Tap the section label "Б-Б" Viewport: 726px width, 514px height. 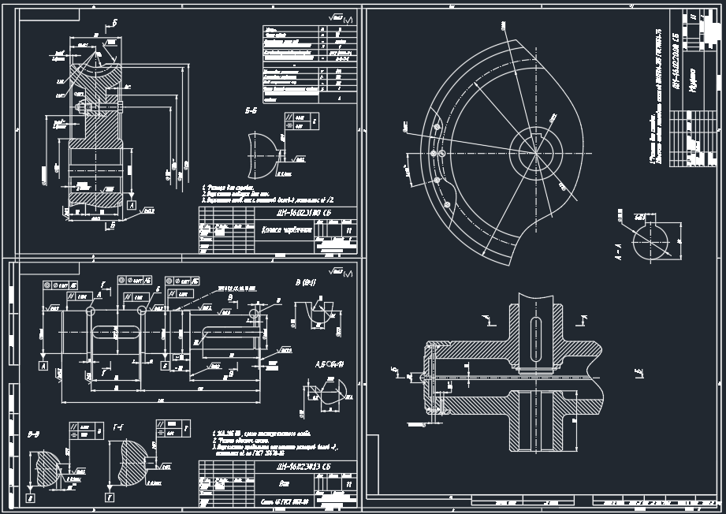pyautogui.click(x=251, y=113)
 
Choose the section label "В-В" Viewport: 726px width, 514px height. pyautogui.click(x=34, y=434)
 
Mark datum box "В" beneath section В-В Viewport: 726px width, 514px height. pyautogui.click(x=29, y=498)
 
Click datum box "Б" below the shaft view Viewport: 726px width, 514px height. pyautogui.click(x=164, y=366)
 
